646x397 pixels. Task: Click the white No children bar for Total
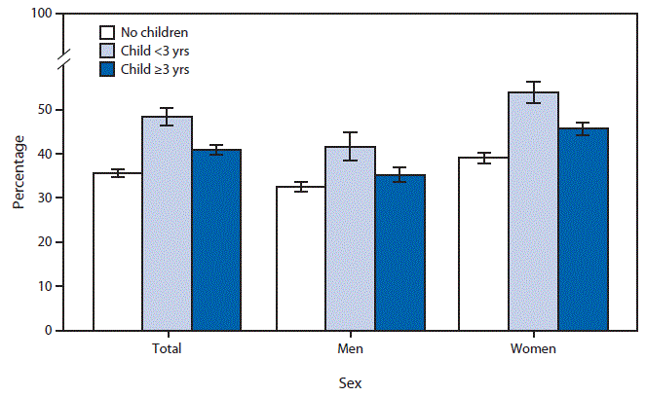(117, 252)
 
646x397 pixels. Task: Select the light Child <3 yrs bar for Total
(167, 224)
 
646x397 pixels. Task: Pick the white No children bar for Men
(301, 259)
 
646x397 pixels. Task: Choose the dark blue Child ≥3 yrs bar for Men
(399, 253)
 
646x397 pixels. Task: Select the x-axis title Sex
(350, 382)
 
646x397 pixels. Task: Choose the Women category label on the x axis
(533, 347)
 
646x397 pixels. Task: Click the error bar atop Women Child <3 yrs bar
(533, 92)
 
